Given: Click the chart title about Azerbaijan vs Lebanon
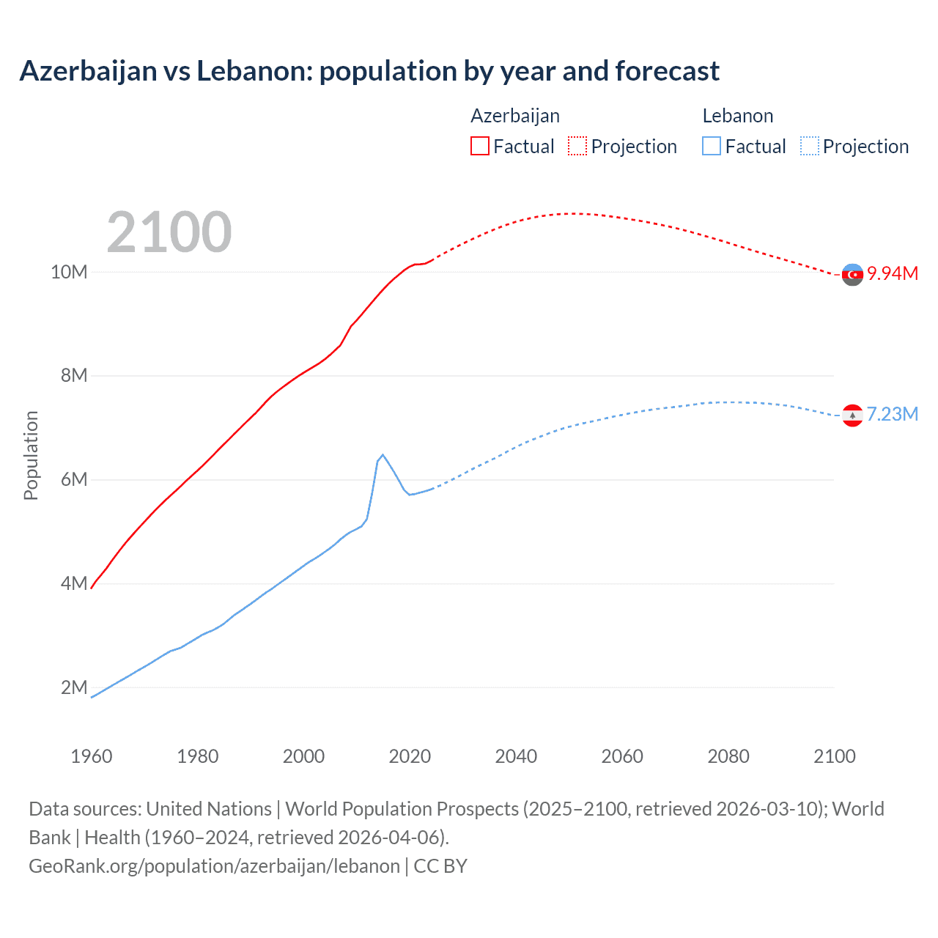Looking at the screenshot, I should (369, 71).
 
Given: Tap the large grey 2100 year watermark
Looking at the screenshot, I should (169, 232).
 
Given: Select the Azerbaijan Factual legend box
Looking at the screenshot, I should (479, 146).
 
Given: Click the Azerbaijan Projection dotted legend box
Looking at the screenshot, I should (577, 146).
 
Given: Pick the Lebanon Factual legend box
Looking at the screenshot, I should (712, 146).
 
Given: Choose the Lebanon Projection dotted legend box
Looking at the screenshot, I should (810, 146).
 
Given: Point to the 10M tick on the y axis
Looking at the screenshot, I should (69, 272).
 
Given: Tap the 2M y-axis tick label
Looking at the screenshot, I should (74, 687).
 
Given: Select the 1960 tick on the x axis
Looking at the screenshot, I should (92, 756).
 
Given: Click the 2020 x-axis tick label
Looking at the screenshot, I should (410, 756).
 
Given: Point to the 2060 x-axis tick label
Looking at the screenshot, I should (622, 756).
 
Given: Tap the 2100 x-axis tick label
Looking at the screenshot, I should (834, 756).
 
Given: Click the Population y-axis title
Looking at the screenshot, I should (31, 455).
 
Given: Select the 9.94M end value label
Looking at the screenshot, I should (893, 273).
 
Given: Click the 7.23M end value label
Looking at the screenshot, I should (893, 414).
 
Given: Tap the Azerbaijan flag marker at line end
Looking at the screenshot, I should (852, 275).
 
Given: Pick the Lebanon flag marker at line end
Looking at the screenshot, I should (852, 416).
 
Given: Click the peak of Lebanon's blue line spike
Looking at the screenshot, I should (383, 455).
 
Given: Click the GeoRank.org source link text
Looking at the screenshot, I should (215, 865).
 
